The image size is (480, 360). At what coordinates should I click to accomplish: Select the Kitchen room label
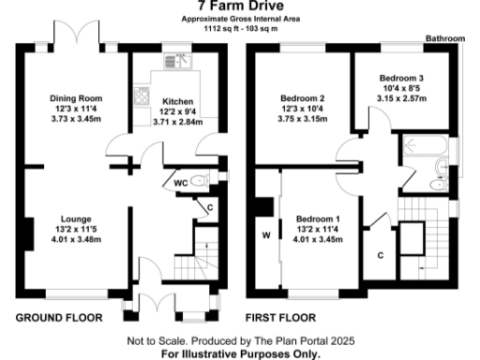[x=177, y=101]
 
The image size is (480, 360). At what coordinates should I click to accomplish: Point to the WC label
[x=180, y=184]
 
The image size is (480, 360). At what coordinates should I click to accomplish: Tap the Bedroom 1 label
[x=319, y=218]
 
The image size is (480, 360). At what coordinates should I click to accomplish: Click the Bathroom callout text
[x=445, y=39]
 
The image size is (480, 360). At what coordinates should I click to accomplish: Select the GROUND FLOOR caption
[x=58, y=318]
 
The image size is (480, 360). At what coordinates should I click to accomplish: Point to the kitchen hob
[x=143, y=97]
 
